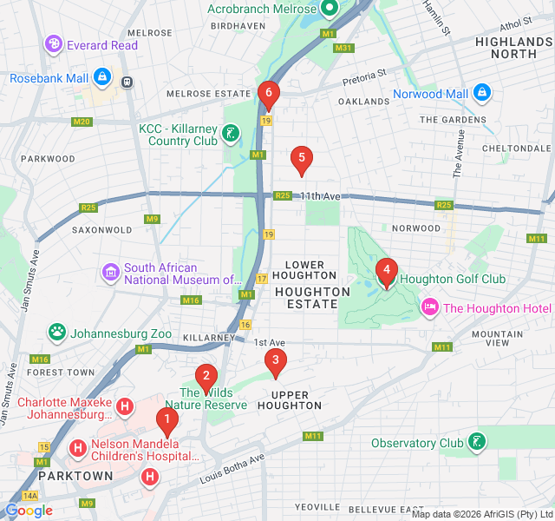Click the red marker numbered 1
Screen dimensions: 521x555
pos(166,422)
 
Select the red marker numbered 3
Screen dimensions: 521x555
pos(275,360)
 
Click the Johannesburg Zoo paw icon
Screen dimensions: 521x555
pos(57,332)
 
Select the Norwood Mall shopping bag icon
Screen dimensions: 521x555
pos(482,93)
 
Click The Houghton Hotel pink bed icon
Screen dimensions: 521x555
pos(430,308)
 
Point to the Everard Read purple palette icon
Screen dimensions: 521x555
pos(54,44)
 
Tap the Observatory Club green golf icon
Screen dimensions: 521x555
pos(476,443)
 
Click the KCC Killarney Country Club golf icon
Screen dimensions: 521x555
pos(231,134)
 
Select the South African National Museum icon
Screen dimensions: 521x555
pos(110,274)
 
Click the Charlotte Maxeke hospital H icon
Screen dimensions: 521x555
pos(125,406)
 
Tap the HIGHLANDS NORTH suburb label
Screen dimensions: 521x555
pos(513,48)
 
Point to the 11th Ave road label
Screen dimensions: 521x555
pos(322,196)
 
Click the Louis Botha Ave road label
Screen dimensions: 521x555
pos(232,470)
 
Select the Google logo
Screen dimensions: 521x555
pos(29,511)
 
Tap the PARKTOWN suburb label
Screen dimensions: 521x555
pos(75,476)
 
